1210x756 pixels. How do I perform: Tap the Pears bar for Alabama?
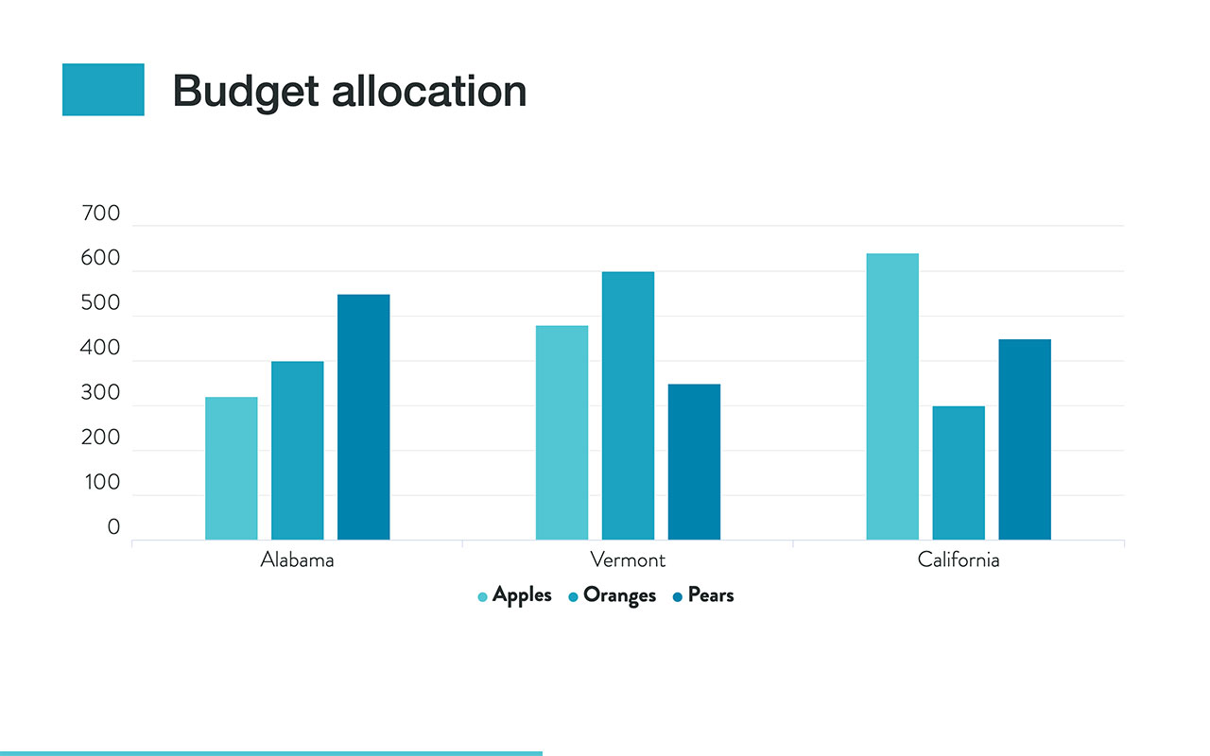pos(363,417)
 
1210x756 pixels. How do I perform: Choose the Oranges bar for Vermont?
pos(628,405)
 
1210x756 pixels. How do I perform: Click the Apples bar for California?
pos(892,396)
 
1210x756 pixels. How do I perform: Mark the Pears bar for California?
pos(1025,439)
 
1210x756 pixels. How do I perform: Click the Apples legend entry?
pos(515,595)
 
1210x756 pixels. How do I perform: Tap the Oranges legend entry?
pos(613,595)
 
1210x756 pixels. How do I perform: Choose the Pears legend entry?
pos(703,595)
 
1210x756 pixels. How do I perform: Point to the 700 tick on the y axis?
pos(102,214)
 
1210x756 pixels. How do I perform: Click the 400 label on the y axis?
pos(102,348)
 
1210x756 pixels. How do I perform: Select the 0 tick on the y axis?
pos(113,527)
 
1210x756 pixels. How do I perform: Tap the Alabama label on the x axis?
pos(297,559)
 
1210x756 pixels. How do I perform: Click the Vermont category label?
pos(628,559)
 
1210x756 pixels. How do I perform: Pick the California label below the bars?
pos(959,559)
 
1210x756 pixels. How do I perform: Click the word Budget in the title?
pos(245,91)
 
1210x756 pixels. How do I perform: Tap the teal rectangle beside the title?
pos(103,90)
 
